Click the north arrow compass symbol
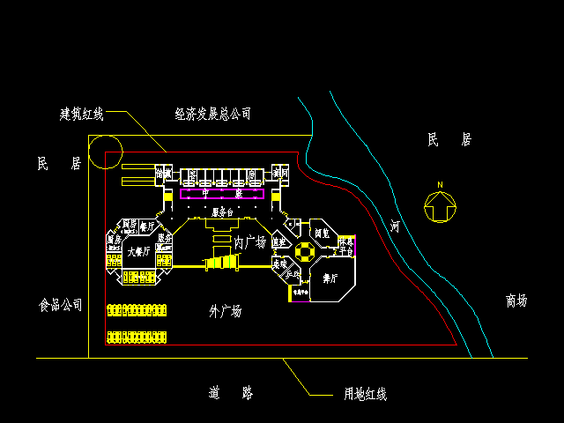tap(438, 206)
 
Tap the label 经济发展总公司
tap(212, 114)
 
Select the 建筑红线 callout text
tap(82, 114)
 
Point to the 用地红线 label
tap(365, 394)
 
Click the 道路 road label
tap(232, 393)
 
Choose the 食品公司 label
tap(61, 305)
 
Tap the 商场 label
tap(516, 301)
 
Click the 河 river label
tap(395, 226)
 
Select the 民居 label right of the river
tap(449, 139)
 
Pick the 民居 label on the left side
tap(59, 164)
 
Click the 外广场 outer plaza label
tap(225, 310)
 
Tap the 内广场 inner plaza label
tap(250, 241)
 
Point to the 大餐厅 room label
tap(138, 252)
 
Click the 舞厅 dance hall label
tap(331, 278)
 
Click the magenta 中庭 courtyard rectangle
tap(222, 193)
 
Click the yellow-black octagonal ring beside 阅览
tap(304, 252)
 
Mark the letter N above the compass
tap(438, 184)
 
